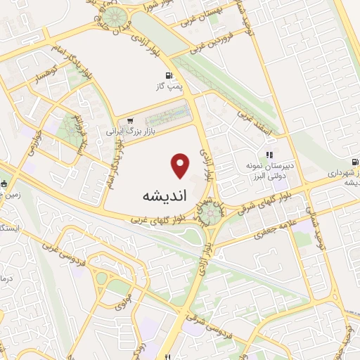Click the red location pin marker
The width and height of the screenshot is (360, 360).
tap(181, 166)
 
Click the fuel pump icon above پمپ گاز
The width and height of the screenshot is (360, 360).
tap(167, 76)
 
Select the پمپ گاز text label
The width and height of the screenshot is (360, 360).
tap(169, 87)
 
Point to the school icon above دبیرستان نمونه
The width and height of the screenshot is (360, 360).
tap(269, 155)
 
